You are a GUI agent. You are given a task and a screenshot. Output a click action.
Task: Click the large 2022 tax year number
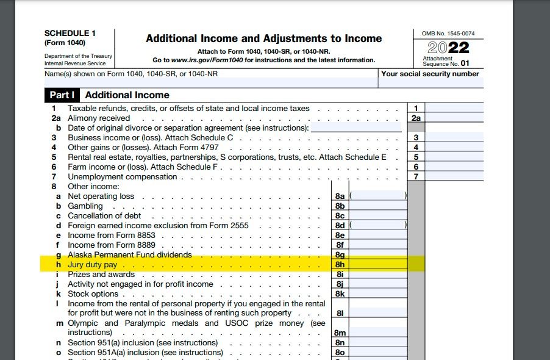pos(448,48)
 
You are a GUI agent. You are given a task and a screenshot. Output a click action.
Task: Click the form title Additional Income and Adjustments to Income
pos(263,38)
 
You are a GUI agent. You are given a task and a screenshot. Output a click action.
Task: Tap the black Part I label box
pos(62,95)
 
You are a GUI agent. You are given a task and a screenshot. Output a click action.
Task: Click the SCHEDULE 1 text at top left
pos(70,33)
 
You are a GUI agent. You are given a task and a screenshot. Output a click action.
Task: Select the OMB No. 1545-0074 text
pos(448,33)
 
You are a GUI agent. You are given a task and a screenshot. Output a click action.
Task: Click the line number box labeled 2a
pos(416,118)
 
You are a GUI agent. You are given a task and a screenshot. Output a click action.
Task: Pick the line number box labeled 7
pos(416,176)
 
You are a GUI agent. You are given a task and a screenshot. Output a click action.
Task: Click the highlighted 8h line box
pos(340,265)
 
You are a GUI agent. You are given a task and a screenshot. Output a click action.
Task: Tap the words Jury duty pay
pos(92,265)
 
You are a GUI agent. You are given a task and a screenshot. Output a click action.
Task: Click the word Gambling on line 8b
pos(85,206)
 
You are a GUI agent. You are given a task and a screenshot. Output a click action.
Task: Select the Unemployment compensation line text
pos(122,177)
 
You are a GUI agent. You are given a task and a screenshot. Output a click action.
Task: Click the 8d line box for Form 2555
pos(340,226)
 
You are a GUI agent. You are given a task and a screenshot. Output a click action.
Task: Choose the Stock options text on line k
pos(93,294)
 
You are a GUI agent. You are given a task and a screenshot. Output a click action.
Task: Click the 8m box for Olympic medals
pos(340,333)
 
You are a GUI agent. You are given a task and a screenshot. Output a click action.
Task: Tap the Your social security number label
pos(430,74)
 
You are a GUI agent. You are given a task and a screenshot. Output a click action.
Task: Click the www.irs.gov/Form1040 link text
pos(209,60)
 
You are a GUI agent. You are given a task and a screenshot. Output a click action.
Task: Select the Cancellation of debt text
pos(104,216)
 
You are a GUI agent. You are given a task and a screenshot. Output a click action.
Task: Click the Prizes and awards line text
pos(101,275)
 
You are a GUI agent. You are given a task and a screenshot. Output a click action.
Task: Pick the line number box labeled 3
pos(416,138)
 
